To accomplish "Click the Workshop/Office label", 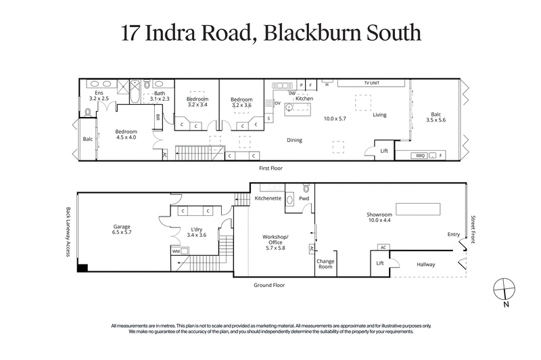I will (x=275, y=241).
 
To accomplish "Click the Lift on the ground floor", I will (x=379, y=263).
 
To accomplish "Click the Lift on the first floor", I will (x=383, y=151).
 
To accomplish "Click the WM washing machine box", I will (x=176, y=251).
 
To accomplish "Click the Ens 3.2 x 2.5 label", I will (x=99, y=95).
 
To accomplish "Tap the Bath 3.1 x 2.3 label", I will (x=159, y=97).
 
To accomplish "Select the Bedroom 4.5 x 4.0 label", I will (x=126, y=134).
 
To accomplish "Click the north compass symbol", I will (x=504, y=289).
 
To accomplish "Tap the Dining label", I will (x=294, y=140).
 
